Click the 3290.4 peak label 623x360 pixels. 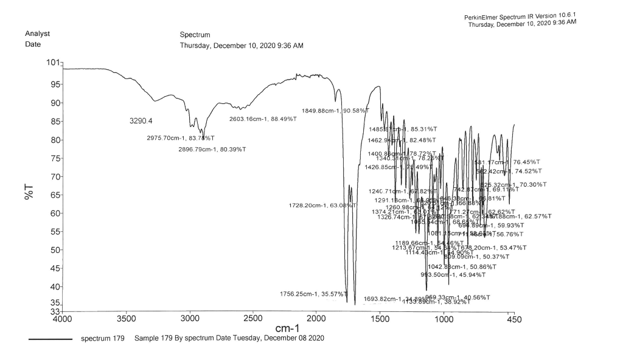coord(141,121)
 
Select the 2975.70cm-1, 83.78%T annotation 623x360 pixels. coord(181,138)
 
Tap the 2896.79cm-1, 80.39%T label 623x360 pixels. coord(212,150)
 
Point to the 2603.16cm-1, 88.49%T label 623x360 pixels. coord(263,119)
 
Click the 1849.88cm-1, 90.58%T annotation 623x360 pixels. coord(335,111)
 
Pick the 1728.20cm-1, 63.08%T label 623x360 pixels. coord(322,206)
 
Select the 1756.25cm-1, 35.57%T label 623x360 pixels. coord(313,294)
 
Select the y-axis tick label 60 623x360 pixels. coord(54,213)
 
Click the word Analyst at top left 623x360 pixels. coord(37,33)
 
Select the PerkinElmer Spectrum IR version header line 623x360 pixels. coord(520,16)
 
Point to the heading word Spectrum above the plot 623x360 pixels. coord(195,35)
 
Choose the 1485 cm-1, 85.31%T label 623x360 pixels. coord(402,130)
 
